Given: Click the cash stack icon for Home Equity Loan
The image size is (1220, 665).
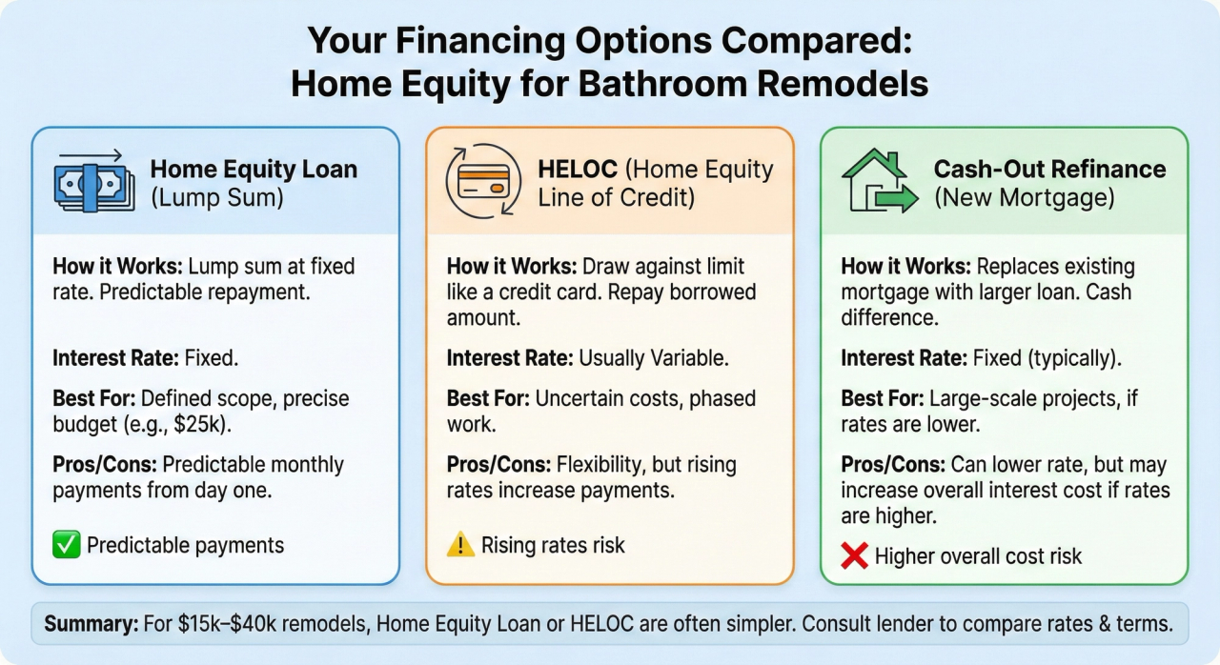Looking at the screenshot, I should pos(89,181).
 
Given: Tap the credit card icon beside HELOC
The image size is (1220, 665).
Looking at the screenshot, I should pos(483,181).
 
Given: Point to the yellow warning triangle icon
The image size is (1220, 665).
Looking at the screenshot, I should pos(460,545).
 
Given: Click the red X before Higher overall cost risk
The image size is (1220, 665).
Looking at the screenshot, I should pos(855,556).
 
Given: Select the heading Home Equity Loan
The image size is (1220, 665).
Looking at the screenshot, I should pos(254,170).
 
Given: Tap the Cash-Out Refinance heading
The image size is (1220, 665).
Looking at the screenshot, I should pos(1049,170).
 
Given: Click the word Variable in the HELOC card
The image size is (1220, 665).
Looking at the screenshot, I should pos(689,358).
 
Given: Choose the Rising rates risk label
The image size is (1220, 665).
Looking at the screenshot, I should pos(553,545).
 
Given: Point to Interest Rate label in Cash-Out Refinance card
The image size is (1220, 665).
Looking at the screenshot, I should pos(904,358).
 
